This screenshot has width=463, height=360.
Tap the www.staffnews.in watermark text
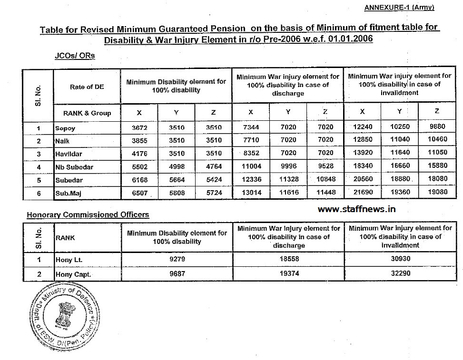356,209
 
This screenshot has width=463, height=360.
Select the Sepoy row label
66,128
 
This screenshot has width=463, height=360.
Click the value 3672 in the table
139,128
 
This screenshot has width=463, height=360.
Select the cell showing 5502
139,167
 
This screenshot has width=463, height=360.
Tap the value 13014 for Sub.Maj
251,193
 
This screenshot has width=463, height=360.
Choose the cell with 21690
363,193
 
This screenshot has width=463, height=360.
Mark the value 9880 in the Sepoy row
437,128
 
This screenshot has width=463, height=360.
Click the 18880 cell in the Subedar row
400,180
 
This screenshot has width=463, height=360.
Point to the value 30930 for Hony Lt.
400,260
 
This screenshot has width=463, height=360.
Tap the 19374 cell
288,274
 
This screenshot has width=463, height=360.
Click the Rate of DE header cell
87,87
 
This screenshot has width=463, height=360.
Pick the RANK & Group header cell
87,113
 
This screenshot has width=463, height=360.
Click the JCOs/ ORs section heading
75,56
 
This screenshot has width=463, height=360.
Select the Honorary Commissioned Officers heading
88,214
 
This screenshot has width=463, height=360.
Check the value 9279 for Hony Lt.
177,260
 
